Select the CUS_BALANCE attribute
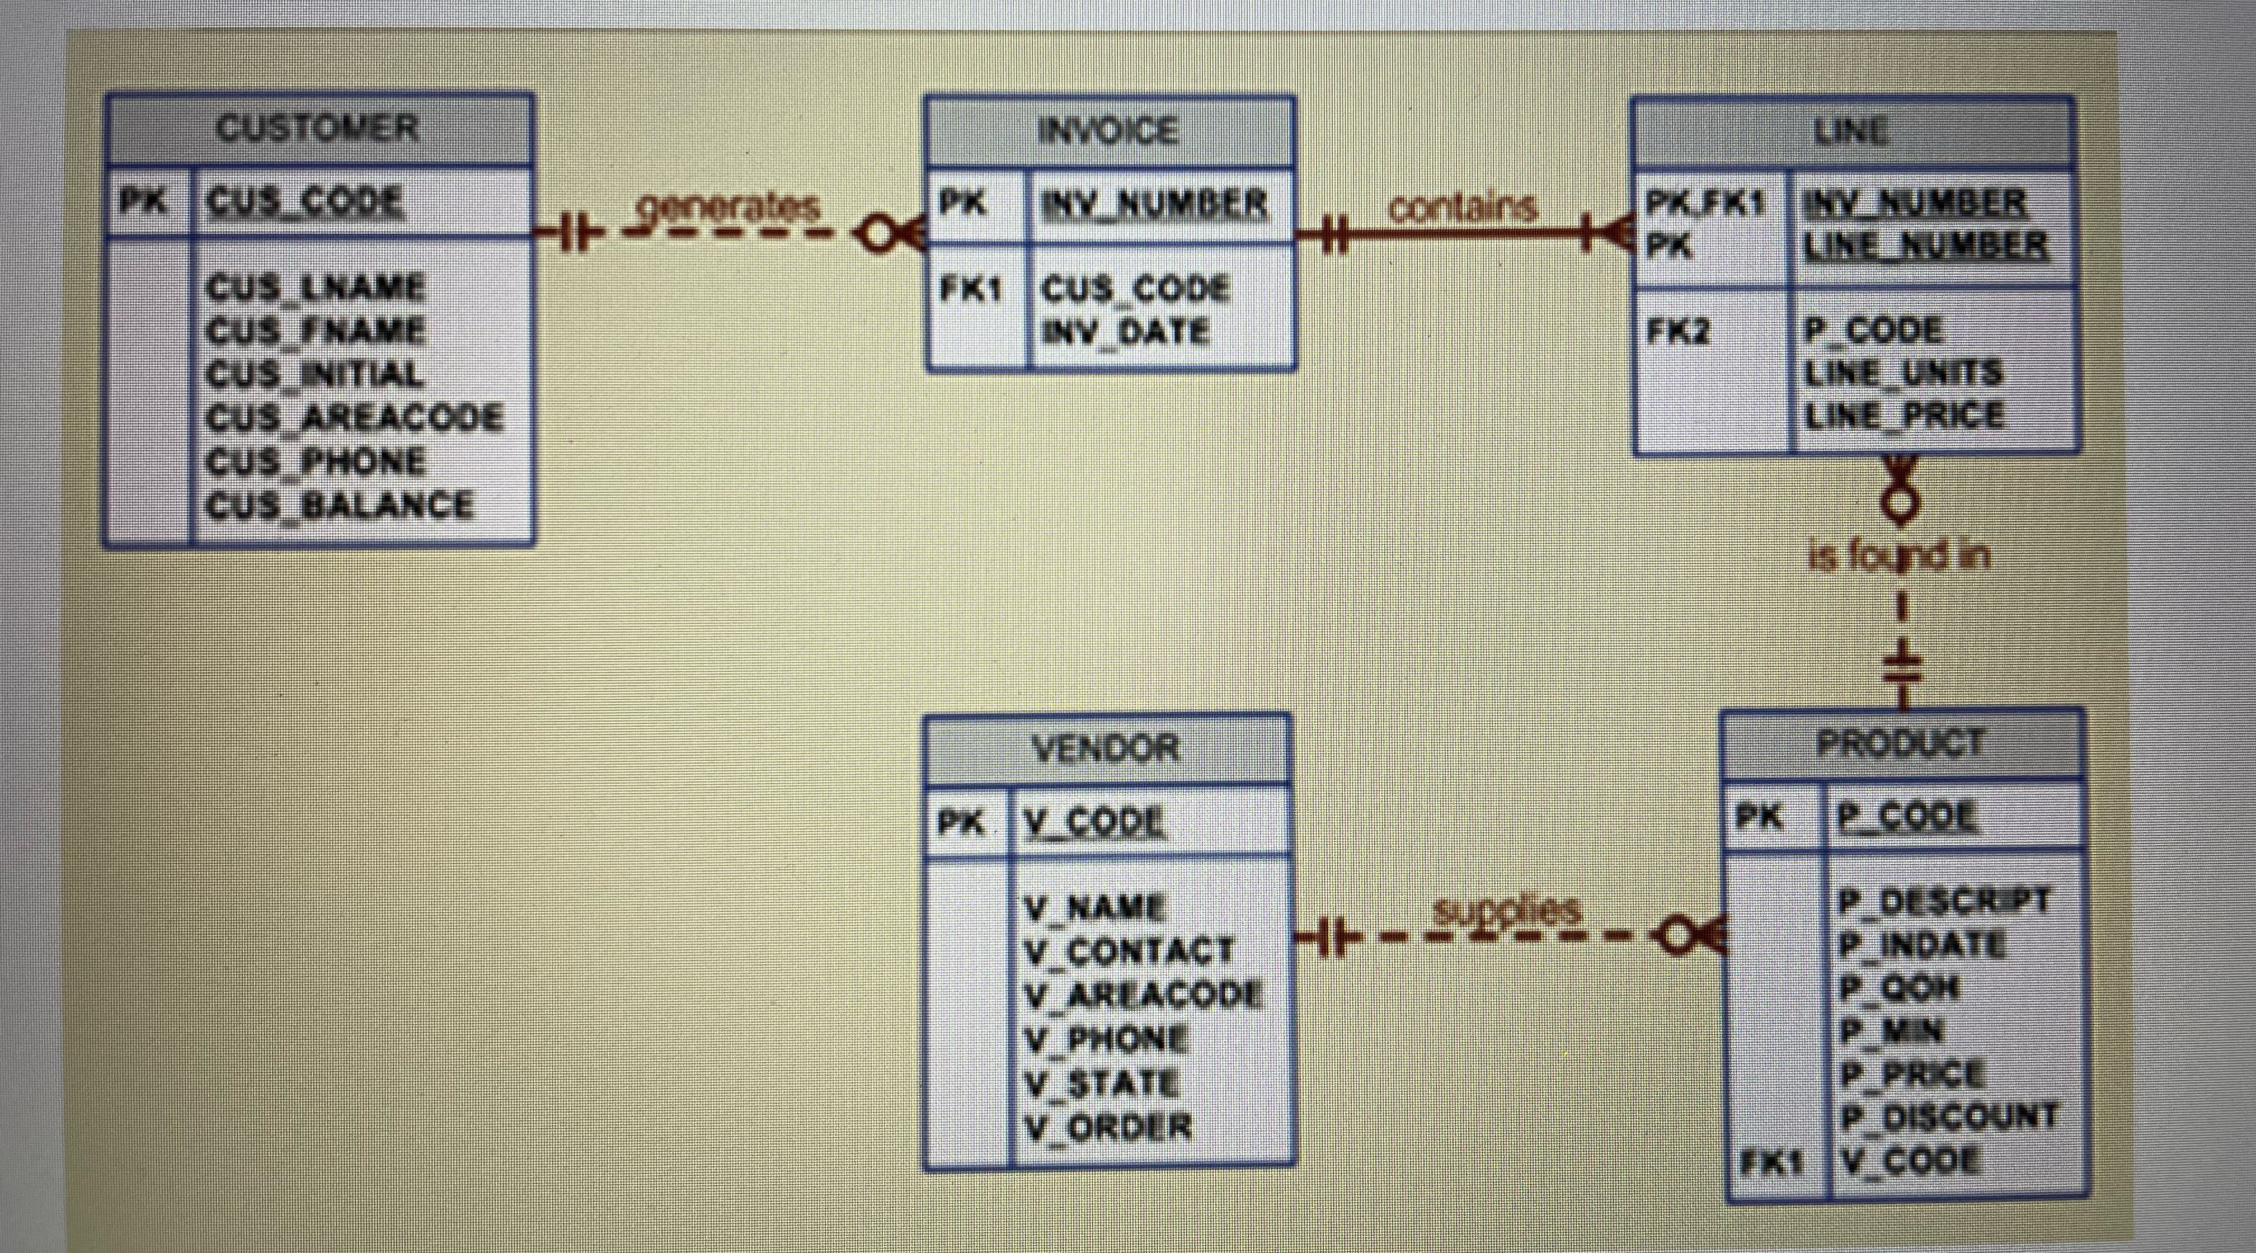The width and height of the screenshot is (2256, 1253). coord(340,505)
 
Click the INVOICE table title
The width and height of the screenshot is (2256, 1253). coord(1109,132)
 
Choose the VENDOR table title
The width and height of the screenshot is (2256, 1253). coord(1107,748)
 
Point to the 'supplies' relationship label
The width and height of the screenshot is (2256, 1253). coord(1506,911)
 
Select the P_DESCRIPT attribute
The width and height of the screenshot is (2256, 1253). coord(1943,900)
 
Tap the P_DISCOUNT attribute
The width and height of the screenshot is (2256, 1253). coord(1948,1117)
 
